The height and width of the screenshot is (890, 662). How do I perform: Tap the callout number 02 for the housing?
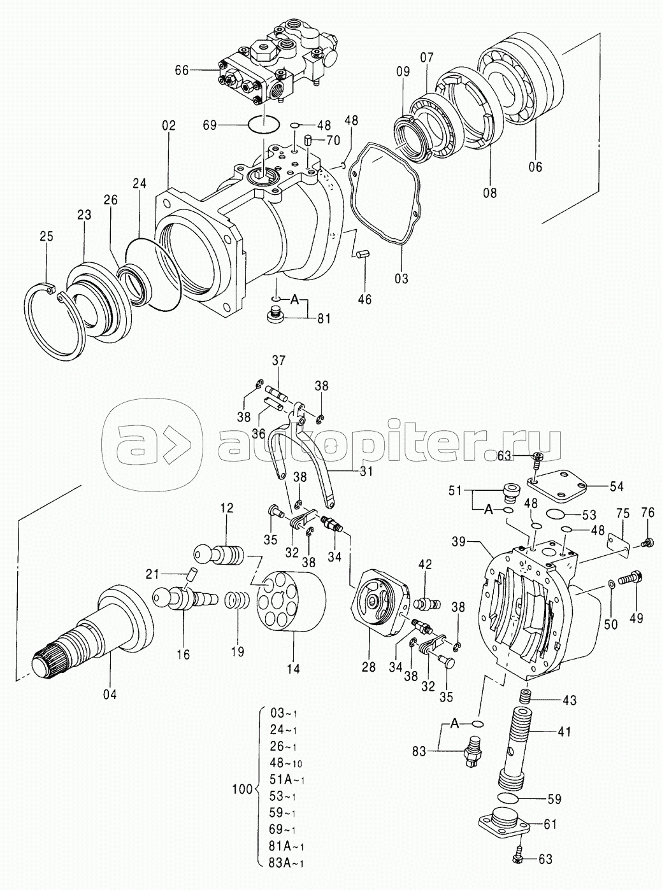169,125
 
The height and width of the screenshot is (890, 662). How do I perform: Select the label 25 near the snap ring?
47,236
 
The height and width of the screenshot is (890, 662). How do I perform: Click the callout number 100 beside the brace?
243,789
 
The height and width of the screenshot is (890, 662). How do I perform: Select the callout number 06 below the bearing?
536,166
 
